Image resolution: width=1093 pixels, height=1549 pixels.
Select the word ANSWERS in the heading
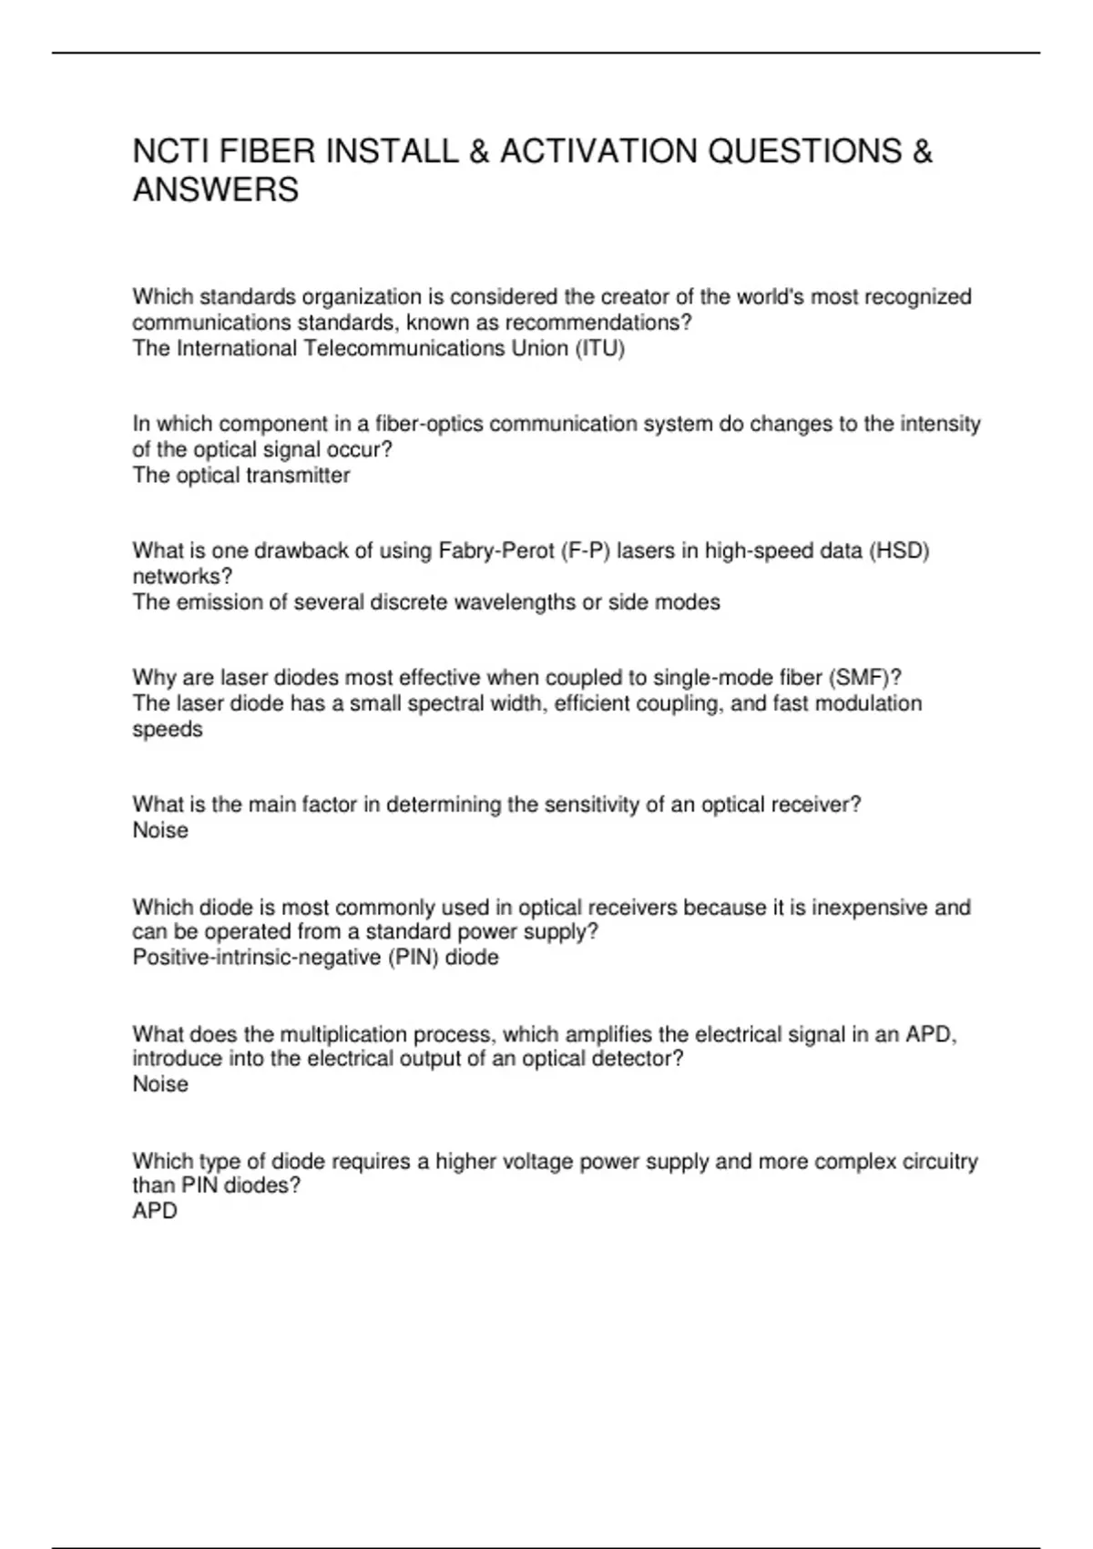point(216,190)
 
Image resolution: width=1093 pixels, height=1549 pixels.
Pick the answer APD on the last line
point(155,1212)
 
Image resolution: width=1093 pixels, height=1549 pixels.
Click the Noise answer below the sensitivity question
point(160,830)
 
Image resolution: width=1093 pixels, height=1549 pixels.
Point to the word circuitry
point(939,1162)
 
